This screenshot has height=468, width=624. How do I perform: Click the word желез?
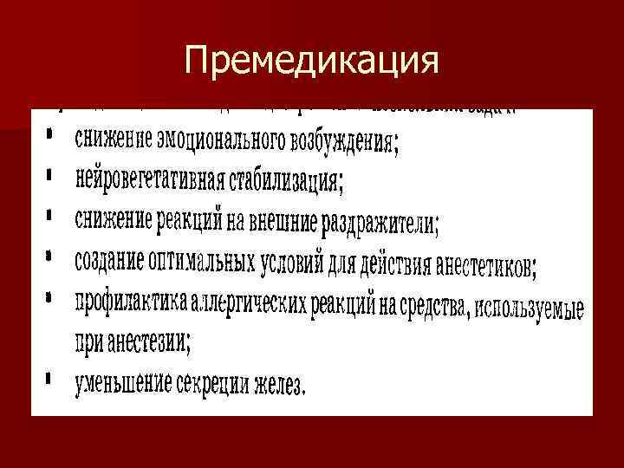[283, 385]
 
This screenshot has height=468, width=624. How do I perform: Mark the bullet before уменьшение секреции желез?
[51, 378]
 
